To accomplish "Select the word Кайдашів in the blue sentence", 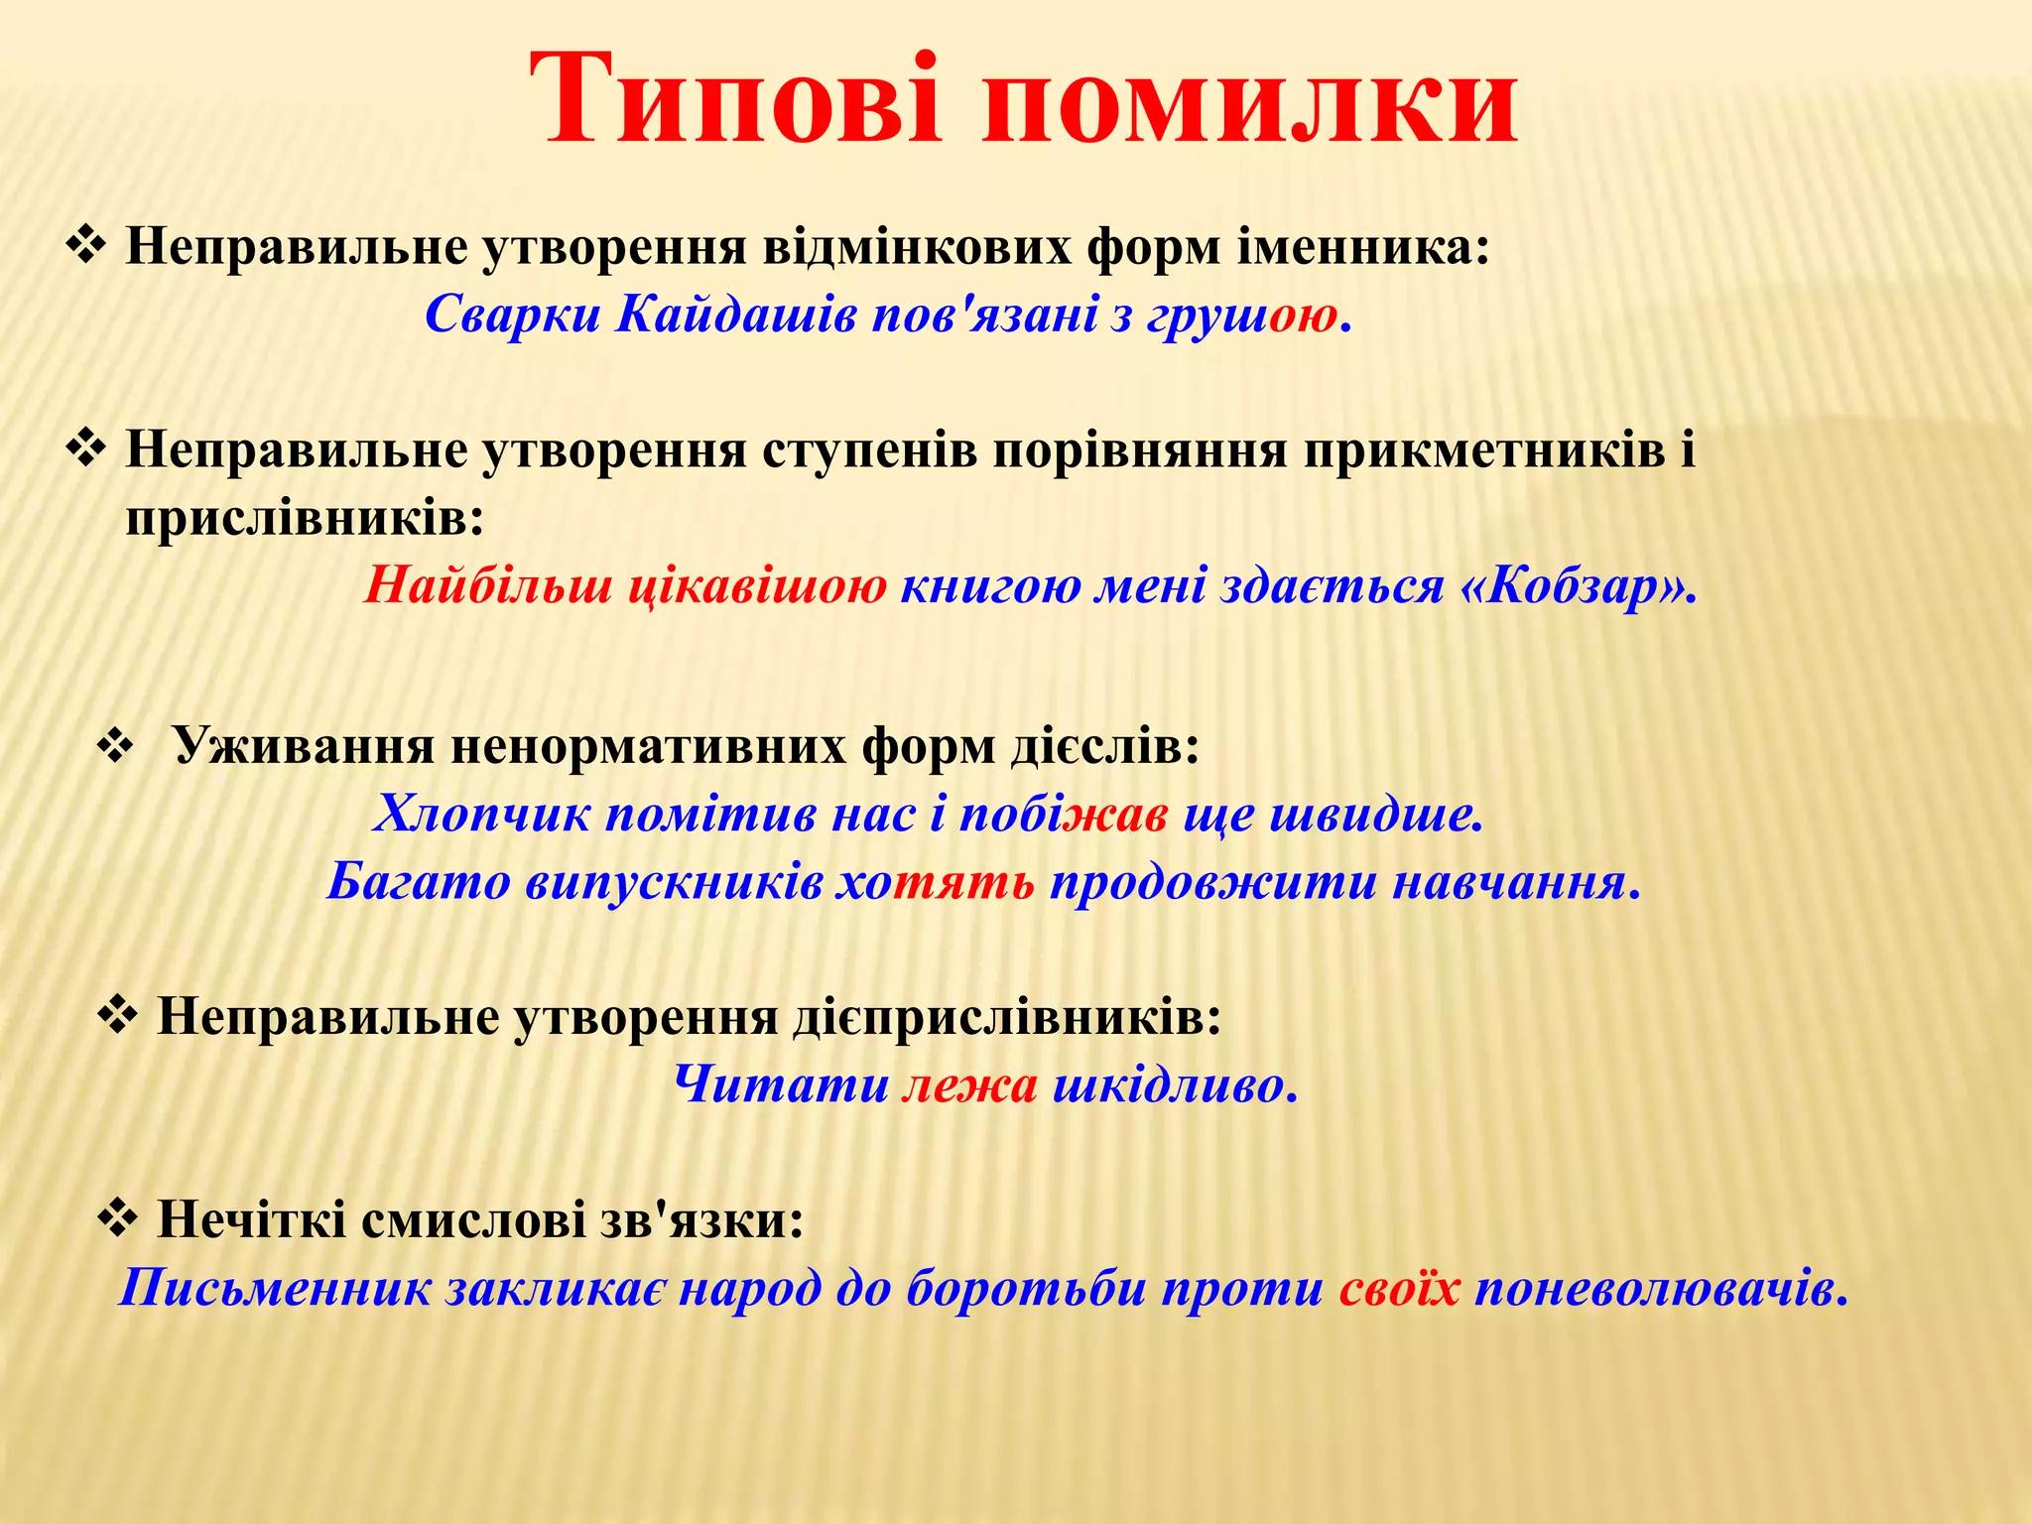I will (x=735, y=316).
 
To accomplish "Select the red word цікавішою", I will (x=758, y=586).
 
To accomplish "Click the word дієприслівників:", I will (x=1006, y=1017).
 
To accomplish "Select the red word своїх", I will (x=1399, y=1289).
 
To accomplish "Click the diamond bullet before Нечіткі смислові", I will (x=118, y=1218).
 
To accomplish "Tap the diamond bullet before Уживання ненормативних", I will (x=116, y=747).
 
